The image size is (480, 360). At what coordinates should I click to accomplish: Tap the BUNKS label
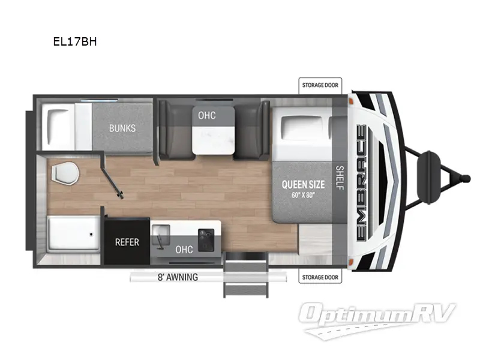coord(122,128)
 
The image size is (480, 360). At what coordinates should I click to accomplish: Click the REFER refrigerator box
coord(127,242)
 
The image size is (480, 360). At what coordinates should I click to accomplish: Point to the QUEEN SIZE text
coord(303,184)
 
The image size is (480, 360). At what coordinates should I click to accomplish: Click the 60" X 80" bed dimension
coord(303,194)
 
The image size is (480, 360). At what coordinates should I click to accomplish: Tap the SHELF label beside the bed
coord(339,178)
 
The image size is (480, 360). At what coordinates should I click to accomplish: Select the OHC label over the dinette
coord(206,115)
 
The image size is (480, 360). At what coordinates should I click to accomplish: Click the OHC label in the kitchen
coord(184,249)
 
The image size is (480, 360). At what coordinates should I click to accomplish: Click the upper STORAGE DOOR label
coord(320,85)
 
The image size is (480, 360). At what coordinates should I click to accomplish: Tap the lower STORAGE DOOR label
coord(320,277)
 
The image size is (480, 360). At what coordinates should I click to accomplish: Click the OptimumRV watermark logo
coord(378,318)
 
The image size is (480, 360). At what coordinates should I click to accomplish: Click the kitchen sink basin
coord(161,238)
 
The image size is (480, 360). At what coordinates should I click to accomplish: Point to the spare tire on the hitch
coord(430,163)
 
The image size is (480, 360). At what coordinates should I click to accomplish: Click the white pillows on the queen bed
coord(305,128)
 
